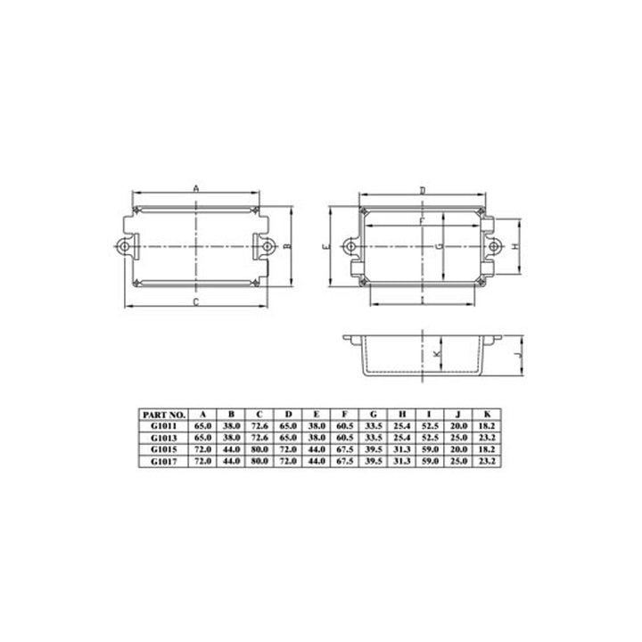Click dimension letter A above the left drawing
195,187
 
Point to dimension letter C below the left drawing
195,304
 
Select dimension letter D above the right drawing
423,190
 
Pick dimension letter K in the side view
436,355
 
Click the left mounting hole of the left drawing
124,245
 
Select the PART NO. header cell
163,415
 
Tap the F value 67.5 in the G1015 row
345,449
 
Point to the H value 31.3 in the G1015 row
402,449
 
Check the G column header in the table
374,415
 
